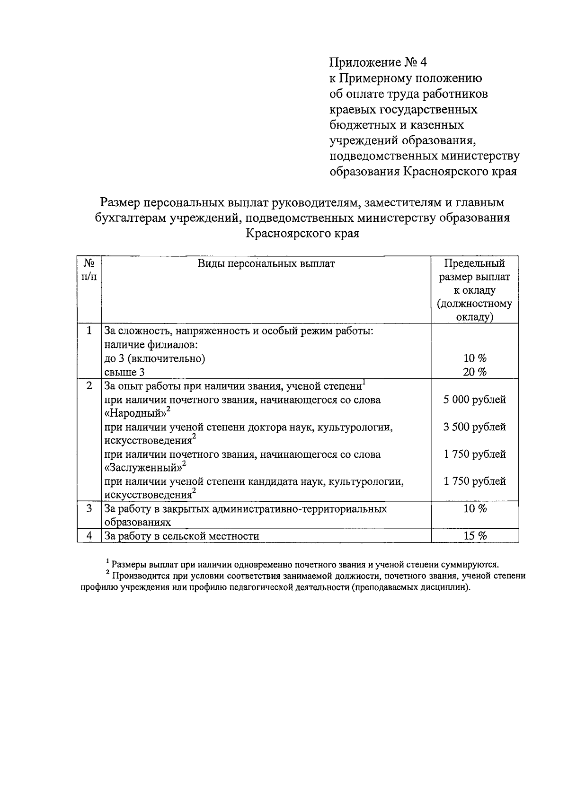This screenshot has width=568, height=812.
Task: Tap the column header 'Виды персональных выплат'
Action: pos(266,264)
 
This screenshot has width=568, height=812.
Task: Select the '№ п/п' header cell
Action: pos(89,270)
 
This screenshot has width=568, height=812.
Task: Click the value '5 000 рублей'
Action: pos(474,400)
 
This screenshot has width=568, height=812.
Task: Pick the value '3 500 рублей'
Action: pos(474,427)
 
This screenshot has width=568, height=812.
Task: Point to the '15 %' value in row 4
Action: pos(475,536)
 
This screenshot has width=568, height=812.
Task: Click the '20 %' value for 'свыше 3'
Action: pos(475,372)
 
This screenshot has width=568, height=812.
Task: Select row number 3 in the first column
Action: pos(89,509)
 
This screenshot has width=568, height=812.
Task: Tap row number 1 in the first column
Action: pos(89,331)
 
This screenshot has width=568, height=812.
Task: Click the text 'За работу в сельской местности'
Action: pos(182,536)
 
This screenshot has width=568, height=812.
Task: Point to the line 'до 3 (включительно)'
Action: pos(155,358)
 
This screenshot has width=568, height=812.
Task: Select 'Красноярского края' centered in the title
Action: pos(302,234)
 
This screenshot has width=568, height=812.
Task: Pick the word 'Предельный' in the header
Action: pos(475,263)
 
